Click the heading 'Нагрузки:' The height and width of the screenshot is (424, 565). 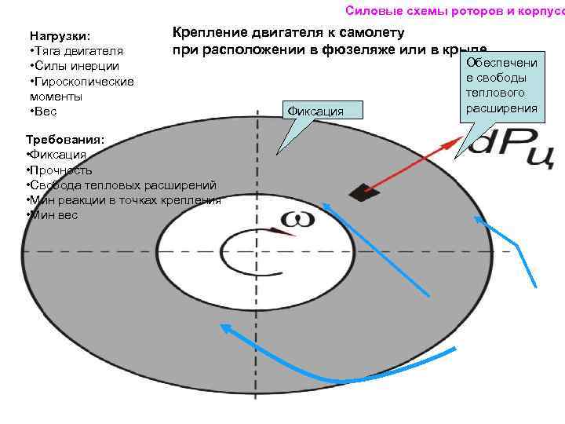click(60, 36)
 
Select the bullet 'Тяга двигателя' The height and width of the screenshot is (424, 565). click(75, 51)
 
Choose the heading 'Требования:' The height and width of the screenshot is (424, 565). click(60, 141)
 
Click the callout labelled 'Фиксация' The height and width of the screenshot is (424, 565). click(315, 111)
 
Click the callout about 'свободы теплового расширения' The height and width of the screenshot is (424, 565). click(501, 84)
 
